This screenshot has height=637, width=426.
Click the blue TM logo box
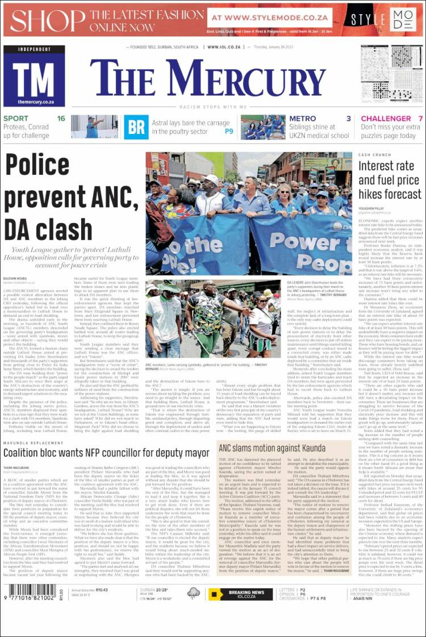tap(34, 76)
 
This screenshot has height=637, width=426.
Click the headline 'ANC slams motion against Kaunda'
tap(272, 448)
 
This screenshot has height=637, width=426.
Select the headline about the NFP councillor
tap(107, 453)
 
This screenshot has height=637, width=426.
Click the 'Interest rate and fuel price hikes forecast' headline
tap(390, 180)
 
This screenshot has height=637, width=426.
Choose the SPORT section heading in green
tap(16, 119)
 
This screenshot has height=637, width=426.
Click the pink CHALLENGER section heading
tap(386, 119)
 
